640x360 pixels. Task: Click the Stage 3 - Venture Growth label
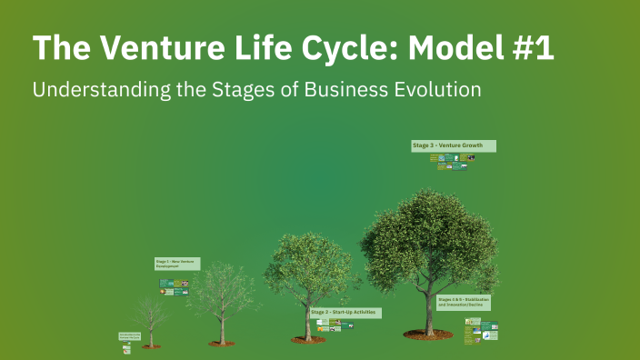[x=453, y=145]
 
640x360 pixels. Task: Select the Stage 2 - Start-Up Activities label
[x=345, y=312]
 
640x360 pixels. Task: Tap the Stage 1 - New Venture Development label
[x=176, y=264]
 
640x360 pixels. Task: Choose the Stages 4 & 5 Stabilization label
[x=464, y=302]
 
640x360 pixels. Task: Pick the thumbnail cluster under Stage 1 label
[x=174, y=287]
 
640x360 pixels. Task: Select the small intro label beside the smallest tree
[x=129, y=335]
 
